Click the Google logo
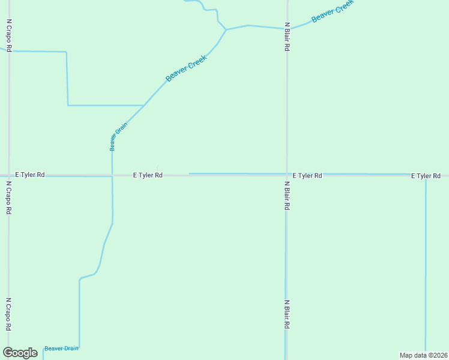click(20, 353)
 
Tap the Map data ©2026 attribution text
click(423, 355)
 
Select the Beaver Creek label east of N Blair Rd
click(333, 10)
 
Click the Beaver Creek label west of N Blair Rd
click(186, 68)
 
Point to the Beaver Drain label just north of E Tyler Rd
click(114, 136)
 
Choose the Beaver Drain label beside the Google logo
click(61, 349)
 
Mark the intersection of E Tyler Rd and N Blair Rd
click(286, 175)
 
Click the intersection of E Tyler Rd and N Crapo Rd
click(8, 175)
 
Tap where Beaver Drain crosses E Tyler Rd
click(112, 175)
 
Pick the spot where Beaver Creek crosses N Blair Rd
click(287, 28)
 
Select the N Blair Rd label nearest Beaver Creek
click(288, 37)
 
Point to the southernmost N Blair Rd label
click(287, 314)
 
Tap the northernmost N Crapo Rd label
click(9, 35)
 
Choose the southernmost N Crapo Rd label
click(9, 314)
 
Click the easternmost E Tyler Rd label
click(426, 176)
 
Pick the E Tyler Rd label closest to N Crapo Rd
click(30, 175)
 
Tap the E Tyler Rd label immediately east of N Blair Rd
click(307, 176)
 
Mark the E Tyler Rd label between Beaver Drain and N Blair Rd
click(148, 175)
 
